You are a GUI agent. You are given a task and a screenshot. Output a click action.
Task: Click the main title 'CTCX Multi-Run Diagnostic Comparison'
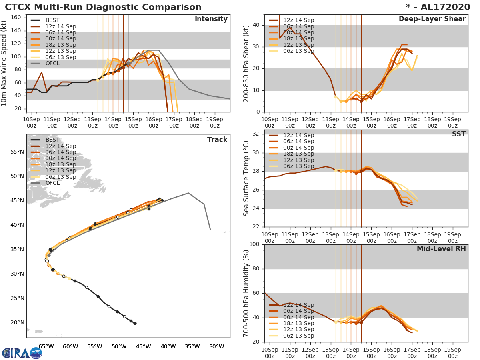tap(103, 7)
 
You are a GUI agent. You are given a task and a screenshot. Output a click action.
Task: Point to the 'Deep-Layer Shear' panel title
tap(432, 19)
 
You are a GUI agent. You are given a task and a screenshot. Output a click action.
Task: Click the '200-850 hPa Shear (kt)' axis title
tap(247, 63)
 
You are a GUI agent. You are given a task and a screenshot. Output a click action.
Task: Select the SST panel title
tap(458, 134)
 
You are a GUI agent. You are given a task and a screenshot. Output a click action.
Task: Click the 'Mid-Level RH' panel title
tap(441, 249)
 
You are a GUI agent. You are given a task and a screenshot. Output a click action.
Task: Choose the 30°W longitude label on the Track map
tap(216, 346)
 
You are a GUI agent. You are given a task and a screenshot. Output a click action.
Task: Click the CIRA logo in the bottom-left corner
tap(22, 353)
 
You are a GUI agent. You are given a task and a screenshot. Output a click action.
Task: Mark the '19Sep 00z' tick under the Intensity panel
tap(214, 122)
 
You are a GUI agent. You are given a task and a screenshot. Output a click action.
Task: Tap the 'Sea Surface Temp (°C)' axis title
tap(247, 178)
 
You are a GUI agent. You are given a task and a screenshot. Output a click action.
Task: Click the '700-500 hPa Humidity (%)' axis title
tap(247, 293)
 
